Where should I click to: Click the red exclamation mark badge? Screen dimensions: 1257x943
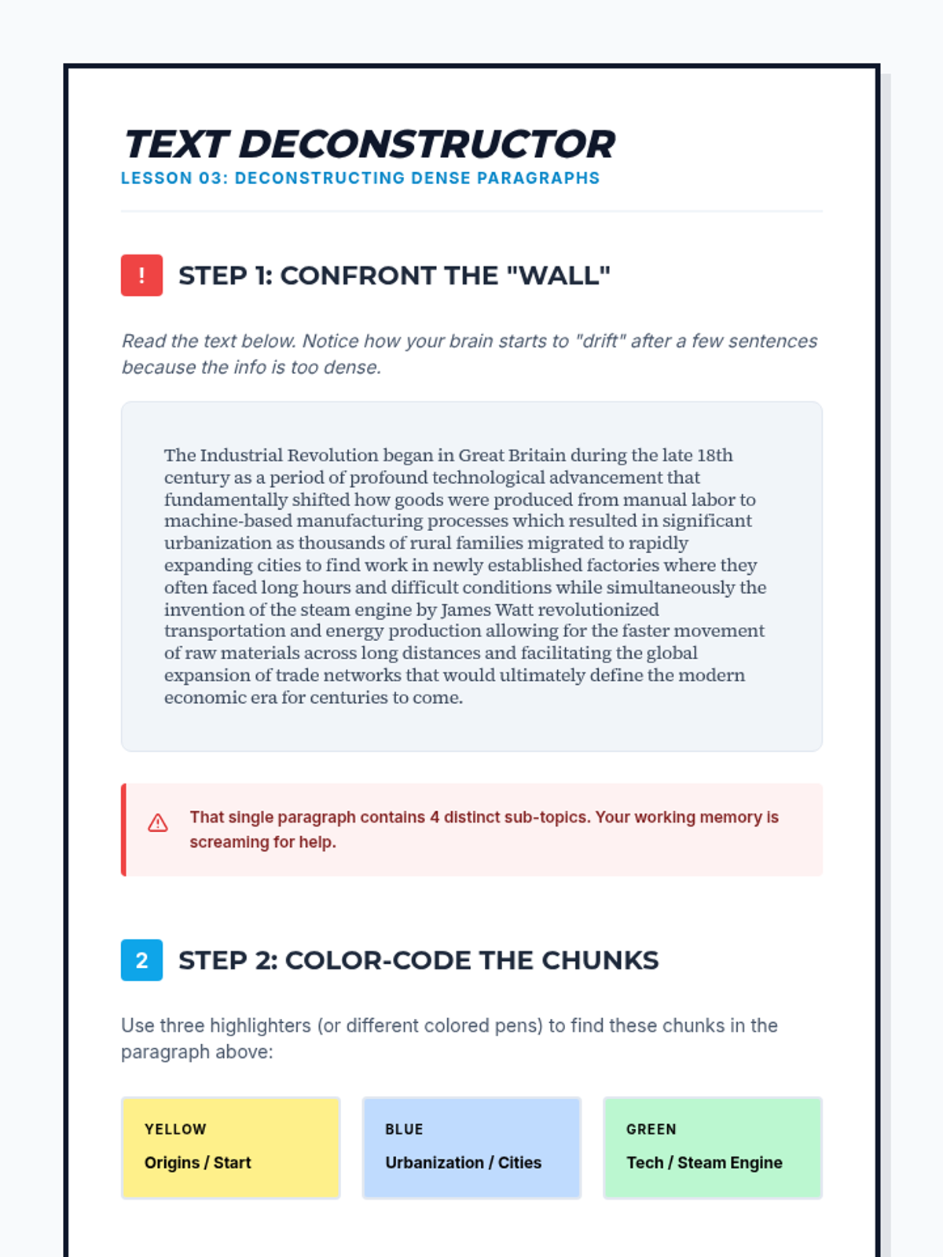[x=141, y=275]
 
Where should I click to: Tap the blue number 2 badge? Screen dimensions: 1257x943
[x=141, y=960]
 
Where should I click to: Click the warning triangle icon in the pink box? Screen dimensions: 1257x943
[x=158, y=823]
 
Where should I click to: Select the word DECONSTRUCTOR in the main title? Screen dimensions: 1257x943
[x=427, y=145]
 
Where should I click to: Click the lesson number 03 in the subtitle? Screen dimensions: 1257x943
[x=211, y=178]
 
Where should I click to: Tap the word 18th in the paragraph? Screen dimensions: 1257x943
[x=714, y=456]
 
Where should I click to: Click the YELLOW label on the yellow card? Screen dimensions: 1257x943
[x=175, y=1129]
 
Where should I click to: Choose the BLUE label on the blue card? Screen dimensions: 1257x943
[x=404, y=1129]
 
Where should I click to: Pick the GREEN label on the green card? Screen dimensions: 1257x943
[x=651, y=1129]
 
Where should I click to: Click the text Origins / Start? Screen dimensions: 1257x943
[x=197, y=1163]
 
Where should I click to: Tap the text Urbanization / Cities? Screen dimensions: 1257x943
[x=463, y=1163]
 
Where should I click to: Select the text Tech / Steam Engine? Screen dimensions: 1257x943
[x=704, y=1163]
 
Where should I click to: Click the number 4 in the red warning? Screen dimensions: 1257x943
[x=434, y=817]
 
